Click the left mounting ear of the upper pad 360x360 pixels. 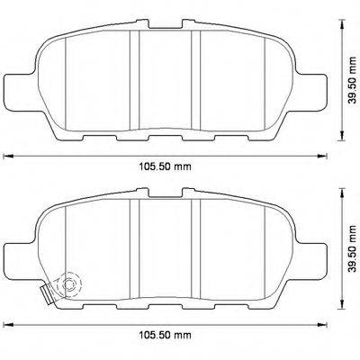click(20, 88)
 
